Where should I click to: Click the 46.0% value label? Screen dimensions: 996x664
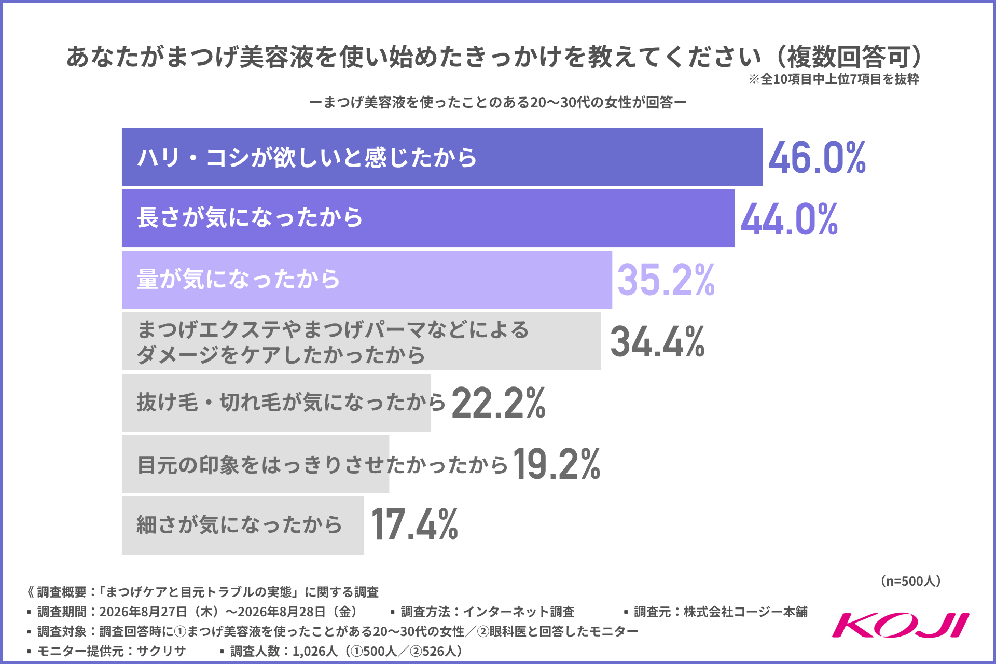tap(817, 157)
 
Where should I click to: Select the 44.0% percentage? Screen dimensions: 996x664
tap(789, 219)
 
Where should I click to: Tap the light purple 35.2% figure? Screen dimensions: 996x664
tap(666, 280)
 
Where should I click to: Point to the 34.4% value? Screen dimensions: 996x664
tap(657, 341)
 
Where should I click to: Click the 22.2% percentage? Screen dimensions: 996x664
tap(499, 403)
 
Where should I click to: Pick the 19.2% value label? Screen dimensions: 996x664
tap(557, 464)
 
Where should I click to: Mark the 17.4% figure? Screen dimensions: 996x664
tap(414, 524)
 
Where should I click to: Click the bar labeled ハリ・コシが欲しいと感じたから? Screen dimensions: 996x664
tap(442, 157)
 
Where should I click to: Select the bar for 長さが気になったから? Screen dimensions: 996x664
tap(428, 218)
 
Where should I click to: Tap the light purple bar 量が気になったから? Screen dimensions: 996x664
tap(367, 280)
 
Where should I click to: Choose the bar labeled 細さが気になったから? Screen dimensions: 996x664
tap(243, 525)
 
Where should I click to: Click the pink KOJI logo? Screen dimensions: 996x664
tap(901, 625)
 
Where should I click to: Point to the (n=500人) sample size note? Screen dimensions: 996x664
tap(911, 581)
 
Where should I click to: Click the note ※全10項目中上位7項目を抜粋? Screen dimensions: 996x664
tap(834, 79)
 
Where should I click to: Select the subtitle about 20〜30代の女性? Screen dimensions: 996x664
tap(498, 102)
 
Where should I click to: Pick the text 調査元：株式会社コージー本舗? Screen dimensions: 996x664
tap(716, 612)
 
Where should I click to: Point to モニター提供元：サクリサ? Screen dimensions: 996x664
tap(107, 651)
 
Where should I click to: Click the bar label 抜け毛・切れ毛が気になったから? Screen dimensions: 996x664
tap(291, 402)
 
